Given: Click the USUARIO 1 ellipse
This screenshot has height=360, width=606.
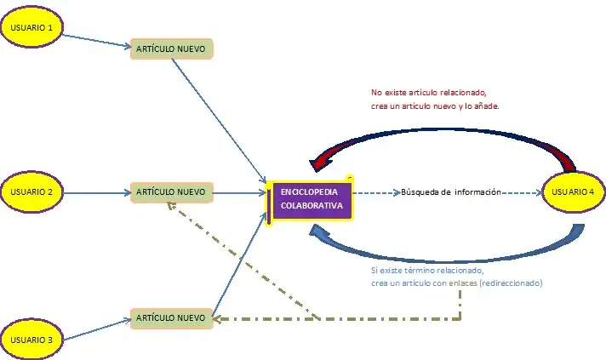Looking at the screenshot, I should click(x=32, y=27).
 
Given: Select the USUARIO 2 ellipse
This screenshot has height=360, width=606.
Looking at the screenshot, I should click(x=32, y=192).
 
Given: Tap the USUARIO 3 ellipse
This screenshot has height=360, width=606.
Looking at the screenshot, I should click(x=32, y=339).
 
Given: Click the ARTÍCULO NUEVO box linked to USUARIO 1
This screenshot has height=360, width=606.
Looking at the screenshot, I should click(x=170, y=49).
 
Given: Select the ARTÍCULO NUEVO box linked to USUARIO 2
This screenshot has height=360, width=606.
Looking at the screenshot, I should click(x=170, y=192).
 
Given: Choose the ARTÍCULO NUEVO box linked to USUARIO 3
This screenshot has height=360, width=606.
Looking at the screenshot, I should click(x=170, y=318).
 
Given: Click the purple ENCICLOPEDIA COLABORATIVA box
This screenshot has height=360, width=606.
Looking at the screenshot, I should click(x=311, y=199).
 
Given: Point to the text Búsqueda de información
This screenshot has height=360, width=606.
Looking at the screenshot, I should click(x=450, y=192).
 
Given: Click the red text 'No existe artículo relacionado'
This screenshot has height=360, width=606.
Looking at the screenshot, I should click(x=429, y=93).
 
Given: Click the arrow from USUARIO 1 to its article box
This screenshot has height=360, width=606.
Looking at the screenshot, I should click(x=95, y=40).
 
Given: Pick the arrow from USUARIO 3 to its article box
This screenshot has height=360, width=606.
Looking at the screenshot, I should click(x=95, y=329).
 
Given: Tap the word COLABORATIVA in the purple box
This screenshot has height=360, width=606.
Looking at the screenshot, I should click(x=312, y=206).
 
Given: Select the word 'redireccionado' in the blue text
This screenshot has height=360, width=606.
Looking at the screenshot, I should click(x=511, y=283).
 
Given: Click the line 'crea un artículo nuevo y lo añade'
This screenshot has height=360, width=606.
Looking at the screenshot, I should click(x=435, y=106).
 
